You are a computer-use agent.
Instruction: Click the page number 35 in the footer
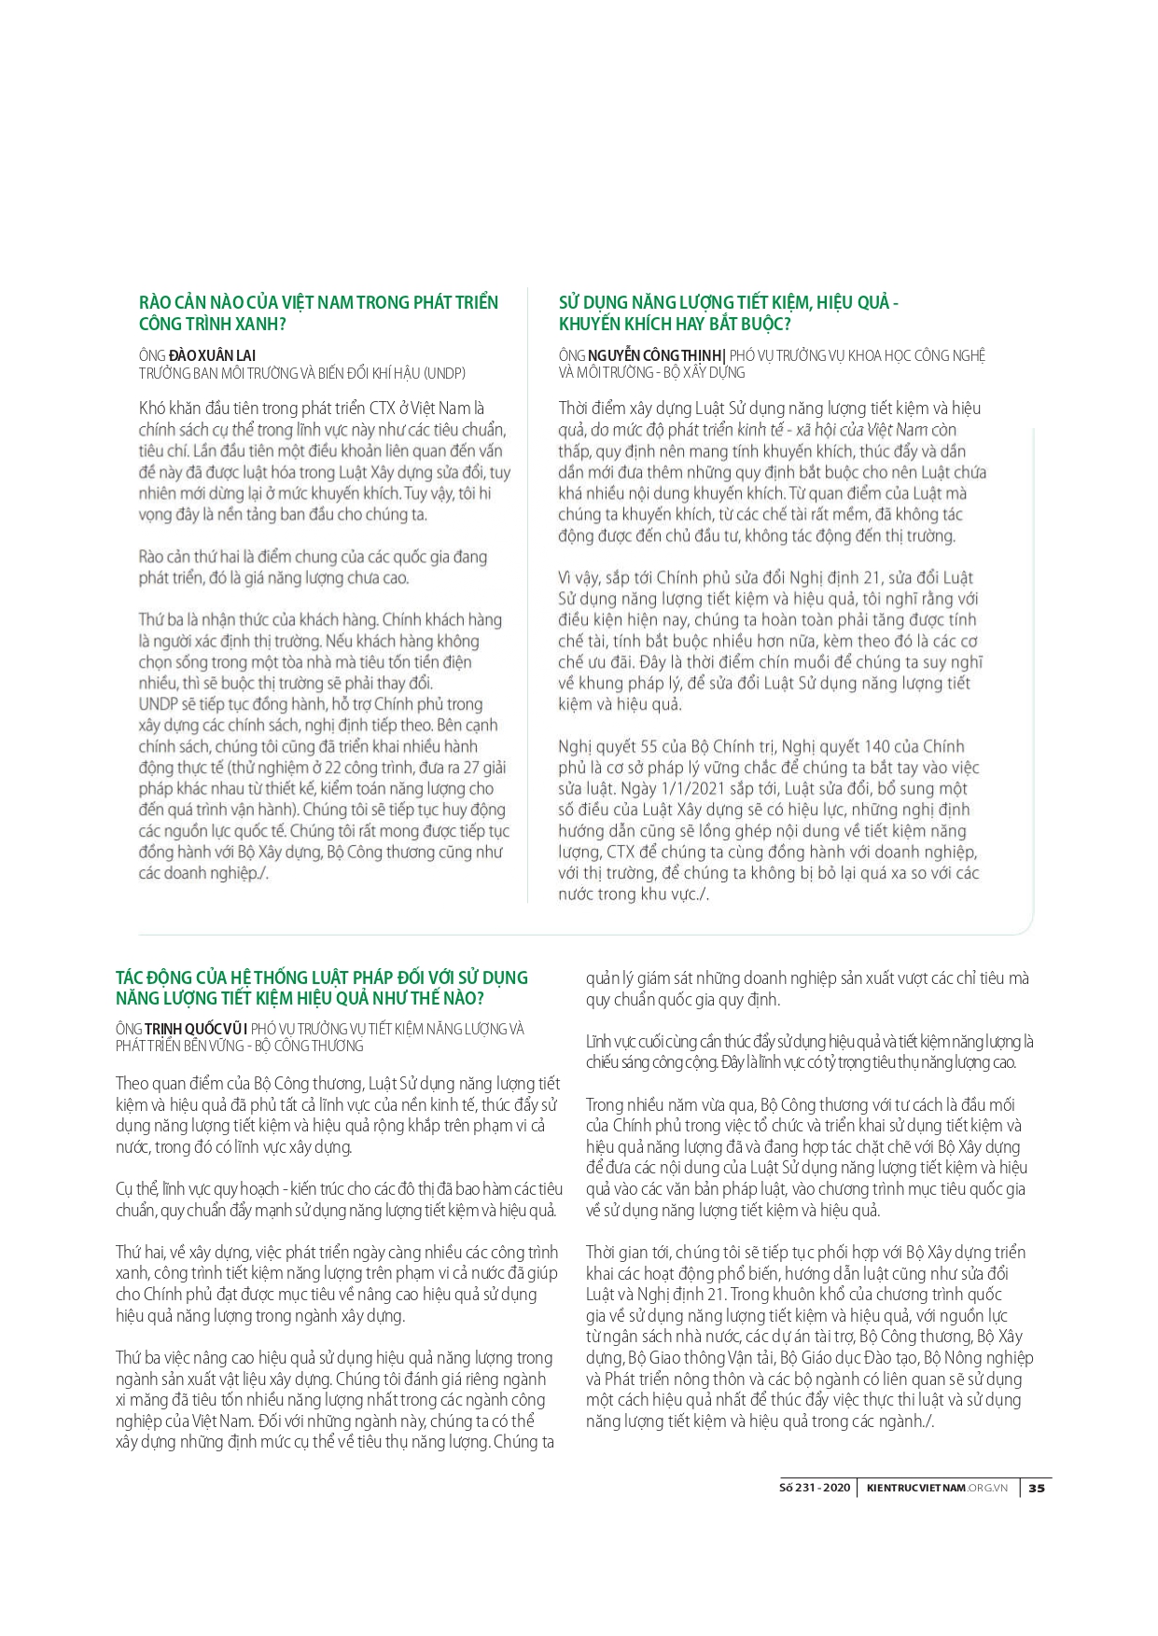[x=1037, y=1488]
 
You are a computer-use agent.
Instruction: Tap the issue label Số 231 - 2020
[x=815, y=1488]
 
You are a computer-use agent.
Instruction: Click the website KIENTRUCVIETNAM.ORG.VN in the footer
[x=937, y=1488]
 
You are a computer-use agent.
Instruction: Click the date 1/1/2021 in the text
[x=690, y=788]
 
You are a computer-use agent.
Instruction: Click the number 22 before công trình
[x=332, y=768]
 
